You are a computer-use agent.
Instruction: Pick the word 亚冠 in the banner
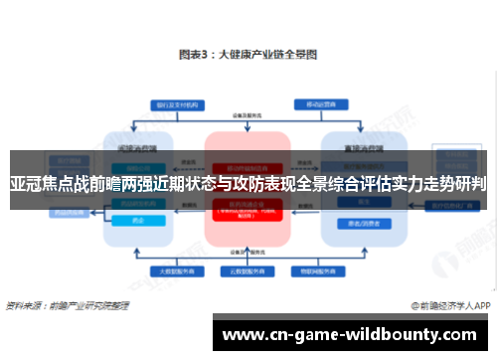coord(28,184)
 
